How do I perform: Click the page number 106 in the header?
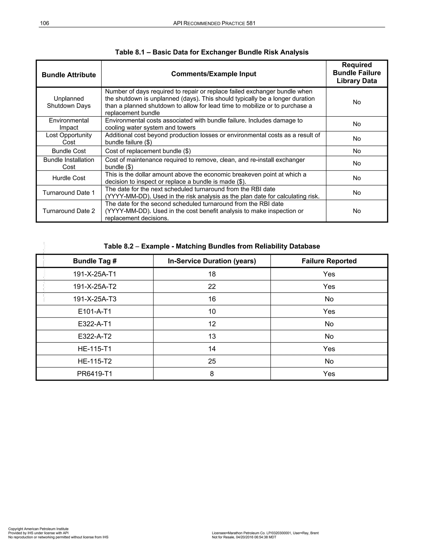(45, 23)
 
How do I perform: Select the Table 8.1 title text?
(212, 52)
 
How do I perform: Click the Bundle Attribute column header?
(69, 75)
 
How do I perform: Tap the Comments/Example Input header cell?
(213, 74)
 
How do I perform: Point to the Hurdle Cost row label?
(69, 178)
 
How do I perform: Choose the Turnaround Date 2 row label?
(69, 211)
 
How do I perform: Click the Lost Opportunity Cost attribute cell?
(69, 139)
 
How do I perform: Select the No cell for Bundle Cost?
(357, 151)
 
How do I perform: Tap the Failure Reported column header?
(329, 261)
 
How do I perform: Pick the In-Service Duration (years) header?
(212, 261)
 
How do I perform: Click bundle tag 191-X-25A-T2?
(95, 287)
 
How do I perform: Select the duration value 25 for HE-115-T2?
(212, 361)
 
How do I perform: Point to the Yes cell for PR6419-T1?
(329, 374)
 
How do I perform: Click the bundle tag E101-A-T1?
(95, 311)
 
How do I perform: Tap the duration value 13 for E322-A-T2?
(212, 336)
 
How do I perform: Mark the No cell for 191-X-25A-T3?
(329, 299)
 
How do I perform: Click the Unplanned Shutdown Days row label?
(69, 102)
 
